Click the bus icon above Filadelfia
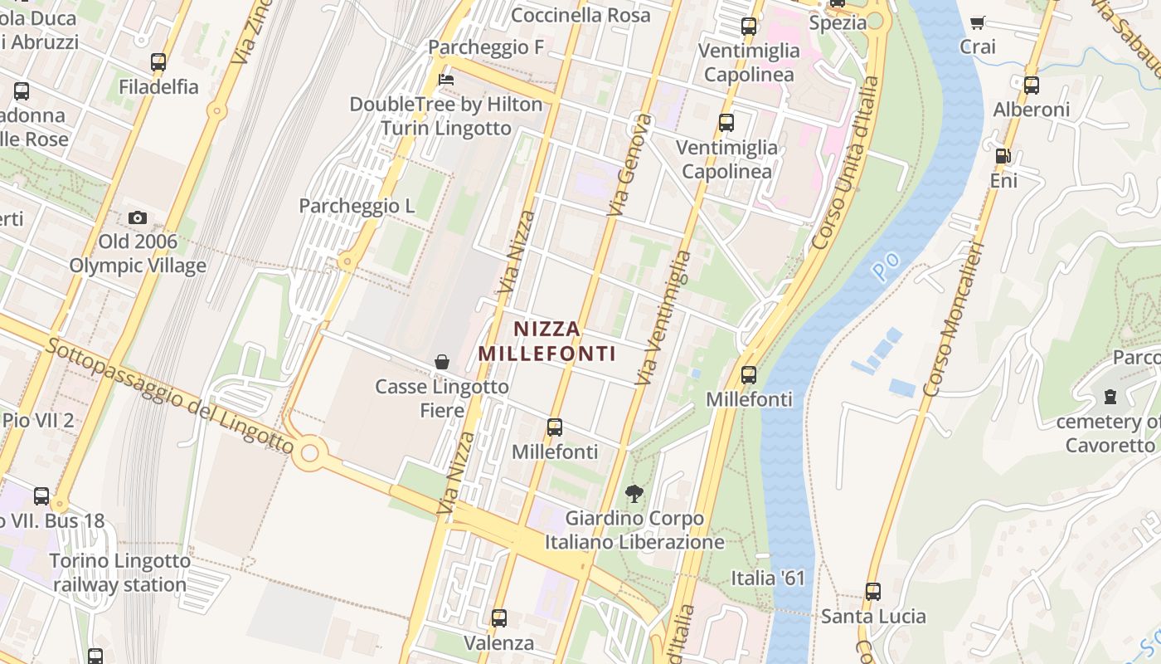coord(158,62)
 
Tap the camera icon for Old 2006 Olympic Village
coord(138,218)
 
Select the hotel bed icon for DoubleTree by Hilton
coord(446,80)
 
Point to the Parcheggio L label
coord(357,206)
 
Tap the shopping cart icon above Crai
coord(978,22)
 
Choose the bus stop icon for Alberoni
coord(1032,85)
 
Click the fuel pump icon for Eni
coord(1003,155)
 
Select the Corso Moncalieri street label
coord(954,320)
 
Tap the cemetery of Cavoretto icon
coord(1110,397)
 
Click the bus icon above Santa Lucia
coord(873,592)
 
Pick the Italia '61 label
coord(768,578)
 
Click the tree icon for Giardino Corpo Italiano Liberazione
coord(634,494)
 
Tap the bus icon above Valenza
coord(499,618)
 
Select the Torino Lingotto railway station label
coord(119,573)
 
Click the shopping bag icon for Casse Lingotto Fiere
coord(442,362)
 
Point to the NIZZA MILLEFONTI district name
coord(547,341)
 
